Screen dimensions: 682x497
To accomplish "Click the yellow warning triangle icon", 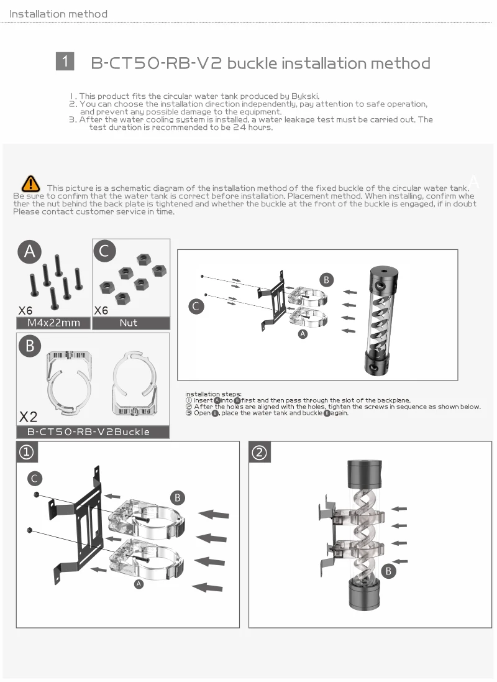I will [x=30, y=183].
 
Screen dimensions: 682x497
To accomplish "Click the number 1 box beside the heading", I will [x=65, y=61].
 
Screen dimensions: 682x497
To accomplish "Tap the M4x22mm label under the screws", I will [x=53, y=323].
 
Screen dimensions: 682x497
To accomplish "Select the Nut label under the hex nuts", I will [x=129, y=323].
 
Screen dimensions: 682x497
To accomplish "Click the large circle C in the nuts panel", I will [x=104, y=251].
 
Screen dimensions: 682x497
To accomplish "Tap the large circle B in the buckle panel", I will [x=30, y=346].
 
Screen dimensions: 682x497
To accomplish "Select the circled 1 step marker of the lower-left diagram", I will [x=27, y=453].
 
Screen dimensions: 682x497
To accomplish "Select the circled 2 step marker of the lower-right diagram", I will [x=260, y=453].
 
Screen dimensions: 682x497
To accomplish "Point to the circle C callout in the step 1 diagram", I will [x=35, y=478].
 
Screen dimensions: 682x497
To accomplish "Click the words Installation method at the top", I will [x=58, y=14].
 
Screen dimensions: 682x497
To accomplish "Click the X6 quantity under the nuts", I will [x=101, y=310].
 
